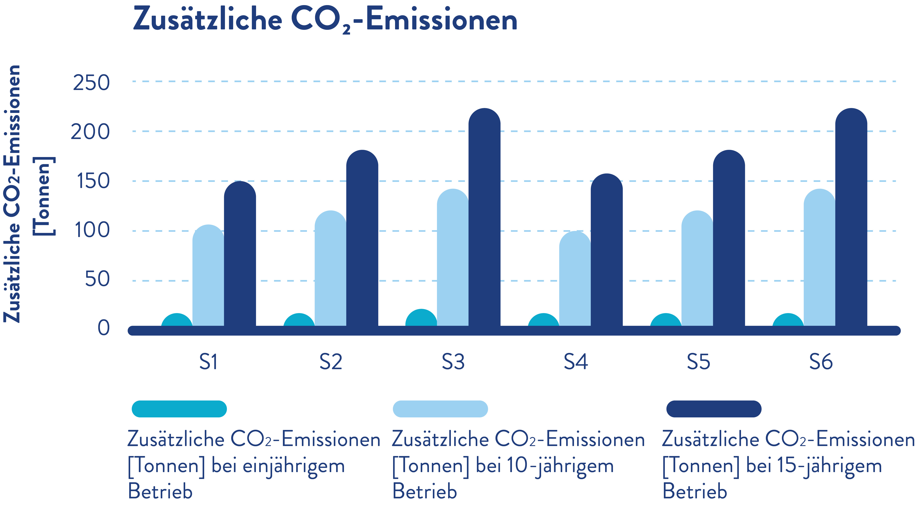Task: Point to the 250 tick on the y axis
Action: pyautogui.click(x=91, y=83)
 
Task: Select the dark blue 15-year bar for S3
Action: pyautogui.click(x=484, y=217)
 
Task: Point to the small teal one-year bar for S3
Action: pyautogui.click(x=421, y=319)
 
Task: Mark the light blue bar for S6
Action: pyautogui.click(x=819, y=258)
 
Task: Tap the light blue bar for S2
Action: pyautogui.click(x=330, y=269)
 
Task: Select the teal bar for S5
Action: pyautogui.click(x=666, y=320)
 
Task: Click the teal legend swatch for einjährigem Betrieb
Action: pyautogui.click(x=179, y=409)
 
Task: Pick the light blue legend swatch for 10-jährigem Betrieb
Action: pyautogui.click(x=440, y=409)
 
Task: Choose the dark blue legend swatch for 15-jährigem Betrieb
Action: pyautogui.click(x=714, y=409)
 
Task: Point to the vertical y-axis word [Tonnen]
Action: pyautogui.click(x=44, y=196)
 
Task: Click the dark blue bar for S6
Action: pyautogui.click(x=851, y=217)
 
